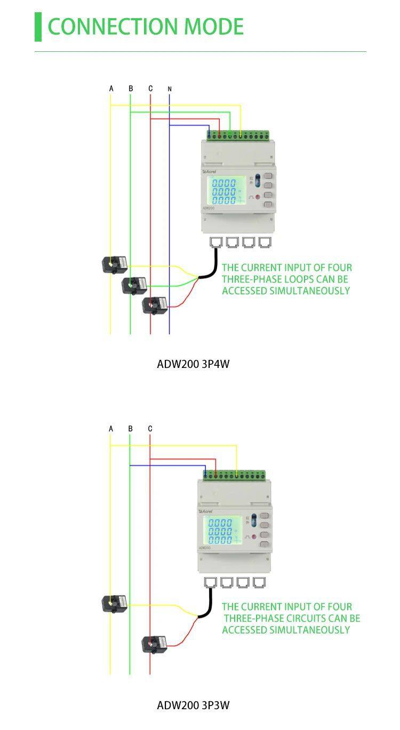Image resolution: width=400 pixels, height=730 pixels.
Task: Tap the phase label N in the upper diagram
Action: click(170, 89)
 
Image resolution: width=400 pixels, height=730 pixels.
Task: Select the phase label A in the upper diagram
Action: click(111, 89)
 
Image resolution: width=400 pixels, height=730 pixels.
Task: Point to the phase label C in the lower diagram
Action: click(150, 429)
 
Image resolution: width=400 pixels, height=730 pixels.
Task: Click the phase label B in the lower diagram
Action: click(130, 429)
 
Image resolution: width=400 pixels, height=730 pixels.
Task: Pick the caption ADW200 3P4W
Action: click(193, 364)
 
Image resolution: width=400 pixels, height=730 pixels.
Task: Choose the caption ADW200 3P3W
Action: click(193, 705)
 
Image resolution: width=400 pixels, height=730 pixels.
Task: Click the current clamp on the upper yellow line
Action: click(115, 264)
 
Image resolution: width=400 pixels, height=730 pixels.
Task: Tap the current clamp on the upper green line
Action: click(134, 285)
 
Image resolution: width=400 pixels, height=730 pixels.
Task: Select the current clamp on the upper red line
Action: click(155, 305)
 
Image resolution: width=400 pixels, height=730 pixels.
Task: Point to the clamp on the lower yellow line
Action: click(114, 604)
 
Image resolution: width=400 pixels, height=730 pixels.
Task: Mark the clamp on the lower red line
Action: click(154, 644)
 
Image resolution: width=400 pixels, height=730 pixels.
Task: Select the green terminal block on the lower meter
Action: click(234, 475)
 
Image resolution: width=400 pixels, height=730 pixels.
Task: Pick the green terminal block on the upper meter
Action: click(238, 135)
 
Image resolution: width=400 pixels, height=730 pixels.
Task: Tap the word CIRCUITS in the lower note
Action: click(312, 619)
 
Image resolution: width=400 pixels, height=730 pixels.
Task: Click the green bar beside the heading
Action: click(38, 27)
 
